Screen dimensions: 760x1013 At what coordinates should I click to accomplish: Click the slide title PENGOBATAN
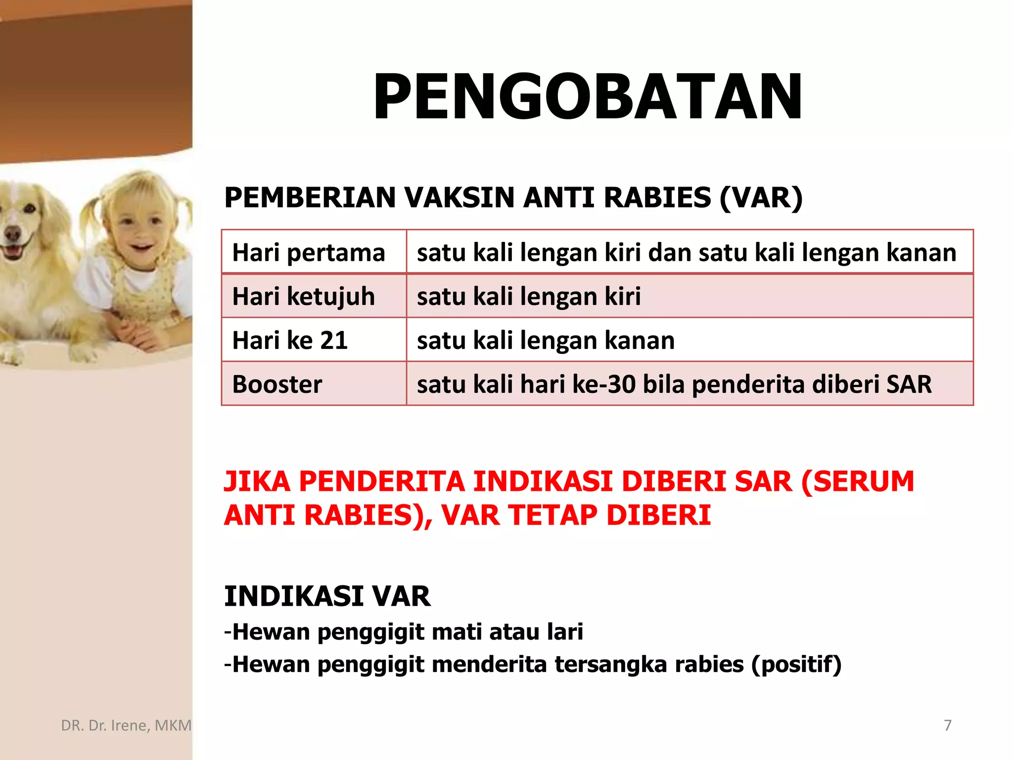click(x=588, y=96)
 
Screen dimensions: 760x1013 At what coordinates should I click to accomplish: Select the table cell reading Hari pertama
click(x=309, y=253)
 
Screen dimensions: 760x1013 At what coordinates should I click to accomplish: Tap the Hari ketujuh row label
click(x=304, y=297)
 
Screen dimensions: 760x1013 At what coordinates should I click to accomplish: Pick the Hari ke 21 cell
click(x=290, y=340)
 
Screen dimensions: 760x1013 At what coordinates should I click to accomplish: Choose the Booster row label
click(x=277, y=384)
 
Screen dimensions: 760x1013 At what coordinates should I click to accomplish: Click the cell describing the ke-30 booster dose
click(x=674, y=384)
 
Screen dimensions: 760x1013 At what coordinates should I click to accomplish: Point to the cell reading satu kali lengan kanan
click(x=546, y=340)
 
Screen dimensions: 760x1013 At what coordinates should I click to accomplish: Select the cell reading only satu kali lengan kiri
click(x=529, y=297)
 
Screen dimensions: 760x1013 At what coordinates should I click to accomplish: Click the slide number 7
click(x=948, y=725)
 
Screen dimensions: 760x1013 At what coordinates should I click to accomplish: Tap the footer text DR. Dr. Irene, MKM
click(x=126, y=725)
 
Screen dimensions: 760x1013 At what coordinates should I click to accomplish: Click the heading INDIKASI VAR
click(x=327, y=596)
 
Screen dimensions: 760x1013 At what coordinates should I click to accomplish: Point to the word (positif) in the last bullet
click(x=796, y=665)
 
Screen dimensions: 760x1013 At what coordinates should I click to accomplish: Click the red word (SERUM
click(x=858, y=481)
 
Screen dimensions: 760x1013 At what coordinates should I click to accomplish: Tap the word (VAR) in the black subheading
click(x=761, y=198)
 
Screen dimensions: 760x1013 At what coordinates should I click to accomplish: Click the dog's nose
click(x=12, y=233)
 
